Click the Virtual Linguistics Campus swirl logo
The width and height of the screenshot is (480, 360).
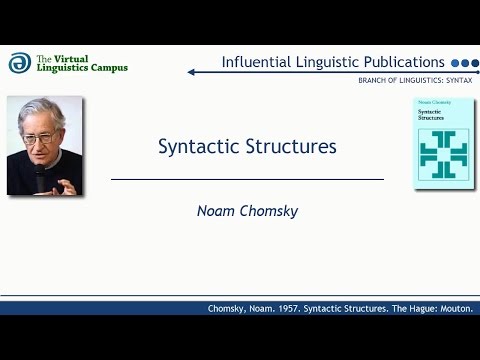coord(18,62)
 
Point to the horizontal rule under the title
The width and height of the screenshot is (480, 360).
coord(247,179)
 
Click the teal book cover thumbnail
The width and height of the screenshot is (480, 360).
coord(443,143)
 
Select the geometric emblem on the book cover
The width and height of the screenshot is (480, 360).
coord(443,151)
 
